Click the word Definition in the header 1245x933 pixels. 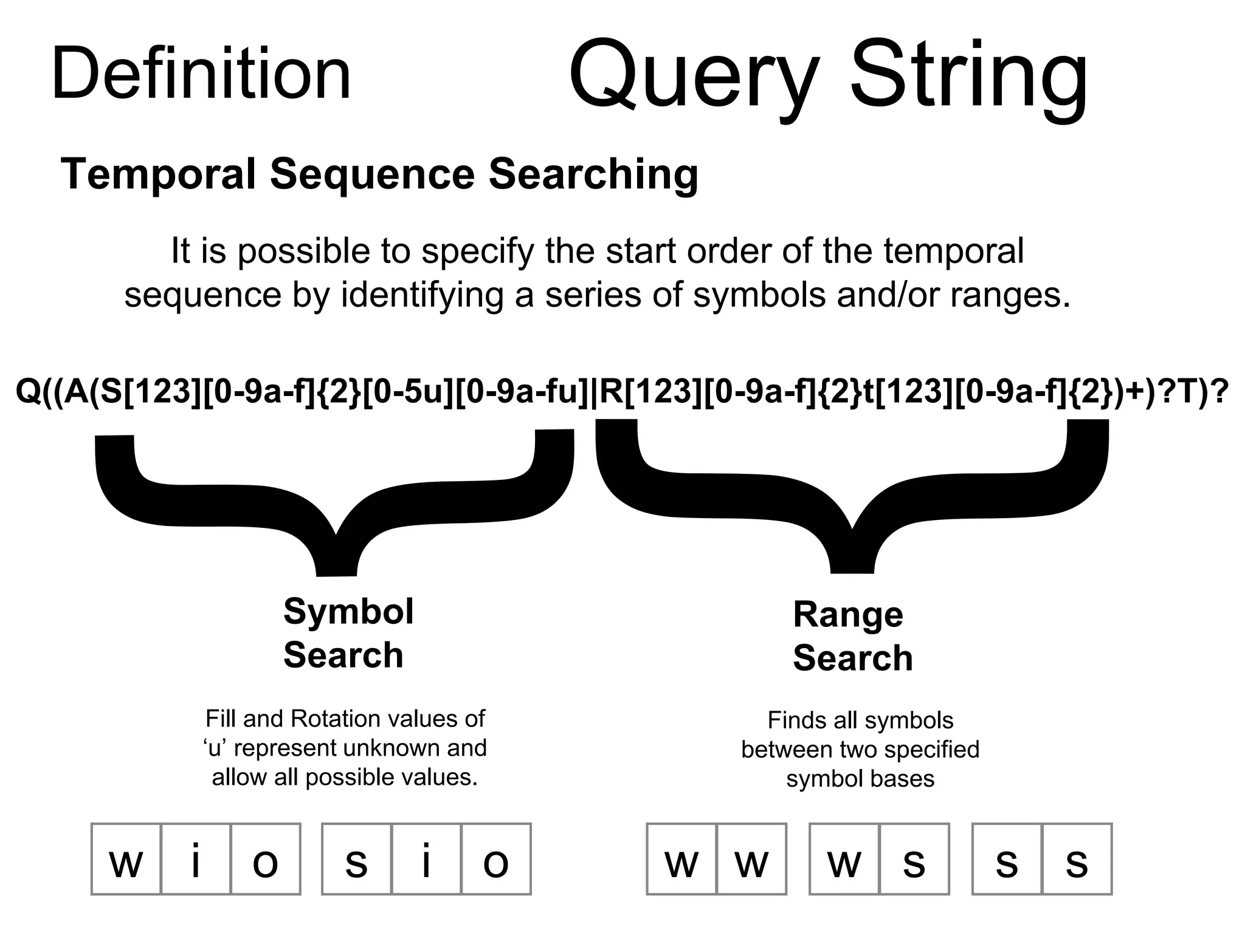click(201, 74)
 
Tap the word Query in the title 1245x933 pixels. click(694, 76)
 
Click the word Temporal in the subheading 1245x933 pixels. click(158, 174)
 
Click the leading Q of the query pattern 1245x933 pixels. click(28, 391)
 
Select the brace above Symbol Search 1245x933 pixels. click(335, 504)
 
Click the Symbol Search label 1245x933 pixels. click(348, 633)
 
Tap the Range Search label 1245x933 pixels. click(852, 636)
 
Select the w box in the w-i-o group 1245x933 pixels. click(126, 859)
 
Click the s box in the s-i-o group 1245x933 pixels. click(356, 859)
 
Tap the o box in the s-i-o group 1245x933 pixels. click(496, 859)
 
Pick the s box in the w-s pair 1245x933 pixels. click(914, 859)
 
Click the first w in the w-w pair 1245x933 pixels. click(681, 859)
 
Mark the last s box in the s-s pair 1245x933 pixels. click(1077, 859)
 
